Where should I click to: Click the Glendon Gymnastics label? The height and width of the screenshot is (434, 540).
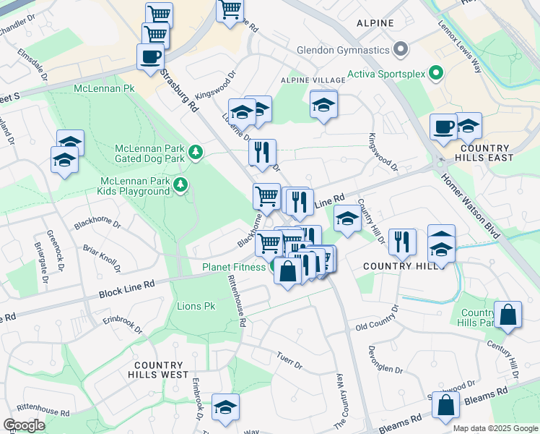pos(343,51)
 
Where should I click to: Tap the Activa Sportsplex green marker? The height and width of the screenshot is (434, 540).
pos(435,73)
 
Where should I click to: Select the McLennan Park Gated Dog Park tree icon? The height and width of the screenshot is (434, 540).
pos(196,153)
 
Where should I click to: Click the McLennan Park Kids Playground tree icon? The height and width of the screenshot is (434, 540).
pos(180,186)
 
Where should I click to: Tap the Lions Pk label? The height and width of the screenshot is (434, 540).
pos(196,307)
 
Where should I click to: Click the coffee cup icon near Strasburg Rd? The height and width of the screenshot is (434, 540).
pos(150,56)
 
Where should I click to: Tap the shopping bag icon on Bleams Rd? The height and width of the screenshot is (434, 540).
pos(447,407)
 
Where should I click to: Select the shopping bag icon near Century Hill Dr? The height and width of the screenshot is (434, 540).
pos(508,315)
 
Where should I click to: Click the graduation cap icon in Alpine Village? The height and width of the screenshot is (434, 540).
pos(324,105)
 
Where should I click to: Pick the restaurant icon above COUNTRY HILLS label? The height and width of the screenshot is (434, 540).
pos(401,242)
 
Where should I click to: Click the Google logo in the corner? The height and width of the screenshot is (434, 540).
pos(24,425)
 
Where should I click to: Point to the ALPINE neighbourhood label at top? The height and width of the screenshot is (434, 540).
pos(375,23)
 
